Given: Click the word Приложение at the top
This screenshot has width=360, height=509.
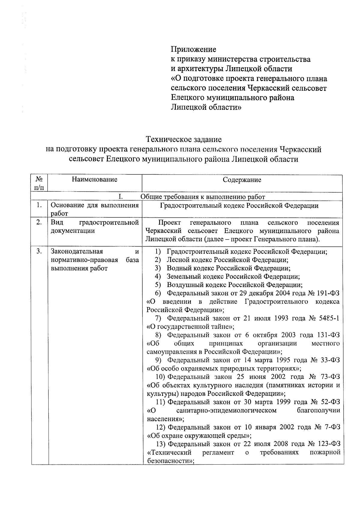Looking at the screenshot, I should point(193,49).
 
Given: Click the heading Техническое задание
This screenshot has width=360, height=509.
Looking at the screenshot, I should point(184,139).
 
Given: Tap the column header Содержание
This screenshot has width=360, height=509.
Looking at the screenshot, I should point(242,180).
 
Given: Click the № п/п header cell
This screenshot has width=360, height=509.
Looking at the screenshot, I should point(39,183).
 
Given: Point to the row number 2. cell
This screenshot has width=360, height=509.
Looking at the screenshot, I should point(39,223).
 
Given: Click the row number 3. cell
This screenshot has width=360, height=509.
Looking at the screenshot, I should point(39,251).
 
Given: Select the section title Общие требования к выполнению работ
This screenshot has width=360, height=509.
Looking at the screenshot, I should point(203,197).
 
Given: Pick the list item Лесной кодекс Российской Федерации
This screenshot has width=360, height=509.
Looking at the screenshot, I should point(227,260).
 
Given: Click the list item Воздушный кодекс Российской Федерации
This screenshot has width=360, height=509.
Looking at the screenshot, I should point(234,285).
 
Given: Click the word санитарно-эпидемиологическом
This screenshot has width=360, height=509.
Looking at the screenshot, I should point(226,410).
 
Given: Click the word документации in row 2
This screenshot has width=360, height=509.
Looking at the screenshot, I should point(73,231).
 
